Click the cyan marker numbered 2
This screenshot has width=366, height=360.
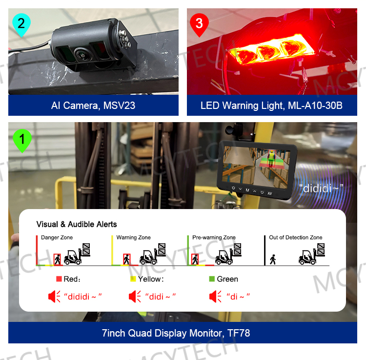click(20, 24)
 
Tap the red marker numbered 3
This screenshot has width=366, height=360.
click(199, 24)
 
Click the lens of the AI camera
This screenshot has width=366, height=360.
click(81, 54)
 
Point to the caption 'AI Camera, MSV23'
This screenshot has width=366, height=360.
click(93, 106)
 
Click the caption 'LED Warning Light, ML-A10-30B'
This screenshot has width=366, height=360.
click(272, 106)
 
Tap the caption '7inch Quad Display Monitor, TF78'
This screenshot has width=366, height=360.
click(183, 334)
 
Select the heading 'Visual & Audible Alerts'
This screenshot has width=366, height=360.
click(77, 224)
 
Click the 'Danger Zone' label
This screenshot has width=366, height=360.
click(57, 237)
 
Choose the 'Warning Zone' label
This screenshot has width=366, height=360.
click(133, 237)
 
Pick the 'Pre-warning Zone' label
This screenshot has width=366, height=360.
click(214, 237)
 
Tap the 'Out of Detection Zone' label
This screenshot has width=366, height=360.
click(296, 237)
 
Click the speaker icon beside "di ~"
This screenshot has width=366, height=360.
click(215, 296)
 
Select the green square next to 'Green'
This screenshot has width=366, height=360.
click(212, 279)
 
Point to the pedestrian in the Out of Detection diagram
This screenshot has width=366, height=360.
click(273, 258)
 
